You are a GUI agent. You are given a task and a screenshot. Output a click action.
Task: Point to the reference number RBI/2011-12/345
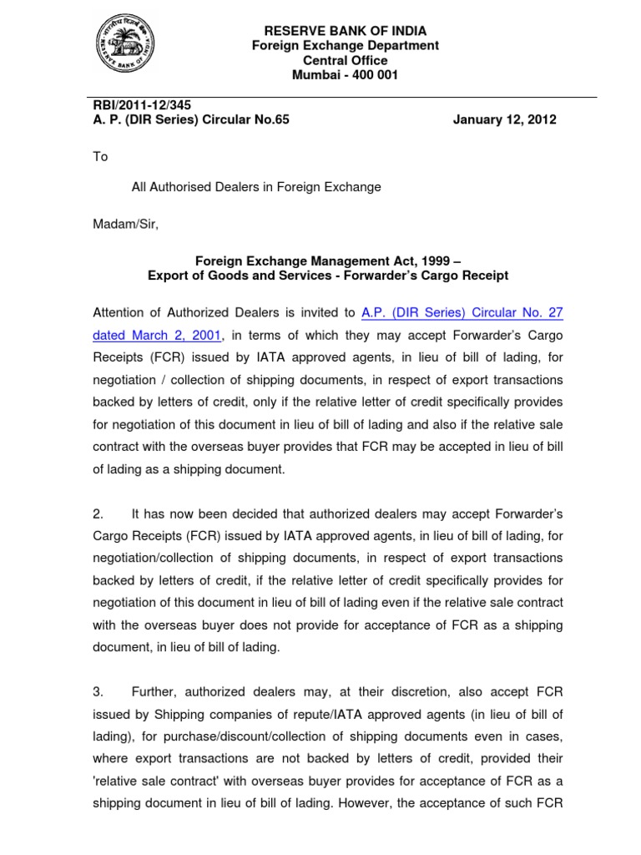click(134, 105)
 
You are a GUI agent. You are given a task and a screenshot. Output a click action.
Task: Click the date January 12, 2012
click(504, 119)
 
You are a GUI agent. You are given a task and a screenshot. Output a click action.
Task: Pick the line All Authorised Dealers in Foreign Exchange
click(256, 187)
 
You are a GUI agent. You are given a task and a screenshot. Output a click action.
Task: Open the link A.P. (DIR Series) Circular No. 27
click(462, 313)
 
